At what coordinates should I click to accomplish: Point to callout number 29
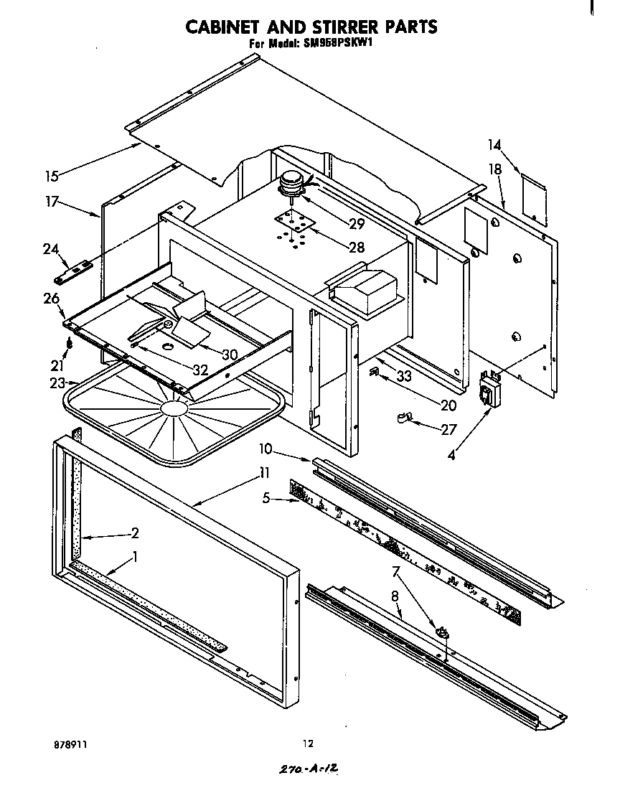pos(356,224)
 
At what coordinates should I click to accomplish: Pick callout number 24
pos(50,249)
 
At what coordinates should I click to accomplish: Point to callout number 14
pos(494,145)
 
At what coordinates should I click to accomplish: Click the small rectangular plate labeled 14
pos(533,194)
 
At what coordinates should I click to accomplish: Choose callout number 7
pos(394,571)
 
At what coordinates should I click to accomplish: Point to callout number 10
pos(266,449)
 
